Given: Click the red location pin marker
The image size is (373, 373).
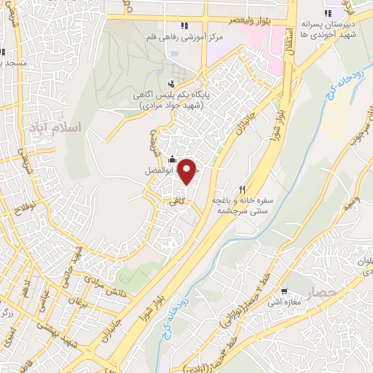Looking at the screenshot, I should (x=187, y=172).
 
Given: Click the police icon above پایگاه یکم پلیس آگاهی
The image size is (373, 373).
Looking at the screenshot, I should (x=171, y=83).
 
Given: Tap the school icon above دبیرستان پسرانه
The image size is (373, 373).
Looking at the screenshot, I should (x=329, y=12).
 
